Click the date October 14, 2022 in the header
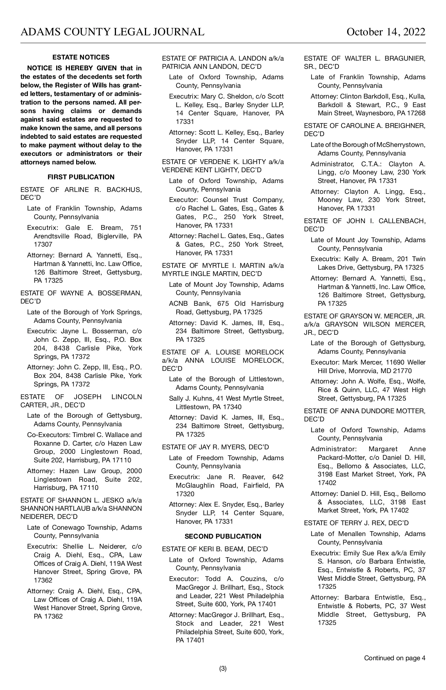point(386,32)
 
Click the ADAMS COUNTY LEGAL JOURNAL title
point(112,32)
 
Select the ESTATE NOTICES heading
point(81,57)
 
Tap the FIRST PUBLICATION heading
point(81,177)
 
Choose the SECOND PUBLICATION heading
point(223,536)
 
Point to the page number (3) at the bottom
point(223,668)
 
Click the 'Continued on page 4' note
point(394,658)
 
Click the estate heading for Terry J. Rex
point(356,523)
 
